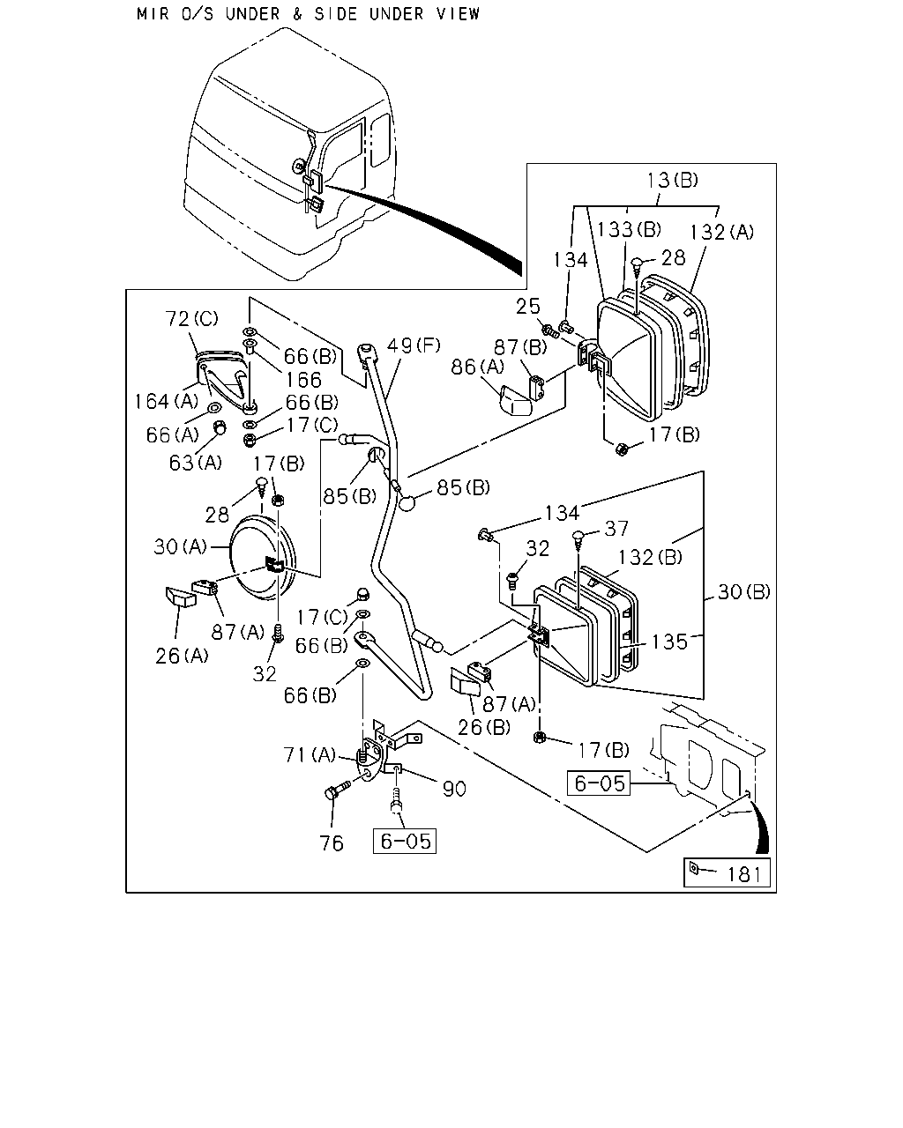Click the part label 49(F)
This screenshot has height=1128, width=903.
(414, 346)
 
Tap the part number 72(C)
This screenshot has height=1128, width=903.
(191, 319)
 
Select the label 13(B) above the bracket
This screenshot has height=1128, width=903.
(672, 181)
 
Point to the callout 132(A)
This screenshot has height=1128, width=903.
(721, 232)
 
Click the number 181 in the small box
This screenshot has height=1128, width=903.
(743, 874)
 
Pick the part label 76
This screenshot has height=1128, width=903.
(332, 843)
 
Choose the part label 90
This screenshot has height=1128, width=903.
(454, 789)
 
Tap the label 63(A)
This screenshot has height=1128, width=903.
(195, 463)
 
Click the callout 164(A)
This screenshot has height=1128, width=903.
(167, 402)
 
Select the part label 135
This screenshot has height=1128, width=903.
(669, 642)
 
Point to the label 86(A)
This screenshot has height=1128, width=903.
(477, 367)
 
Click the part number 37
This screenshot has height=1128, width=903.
(616, 529)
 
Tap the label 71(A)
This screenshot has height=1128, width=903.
(309, 755)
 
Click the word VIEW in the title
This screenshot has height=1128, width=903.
(458, 14)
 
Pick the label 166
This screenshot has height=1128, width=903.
(304, 380)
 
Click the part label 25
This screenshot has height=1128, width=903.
(528, 307)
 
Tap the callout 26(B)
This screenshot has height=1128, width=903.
(484, 728)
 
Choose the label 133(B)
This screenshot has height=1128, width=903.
(629, 230)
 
